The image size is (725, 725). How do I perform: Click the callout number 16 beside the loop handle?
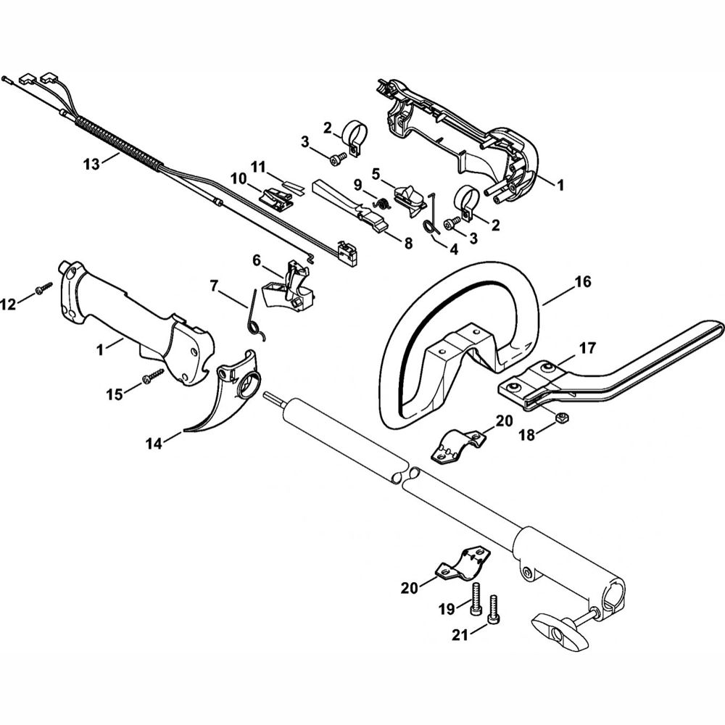tap(583, 283)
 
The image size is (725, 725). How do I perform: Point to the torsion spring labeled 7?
tap(254, 312)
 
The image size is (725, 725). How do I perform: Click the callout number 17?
tap(588, 349)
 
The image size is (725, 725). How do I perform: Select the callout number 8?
tap(407, 244)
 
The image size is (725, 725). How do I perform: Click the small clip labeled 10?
tap(275, 196)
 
